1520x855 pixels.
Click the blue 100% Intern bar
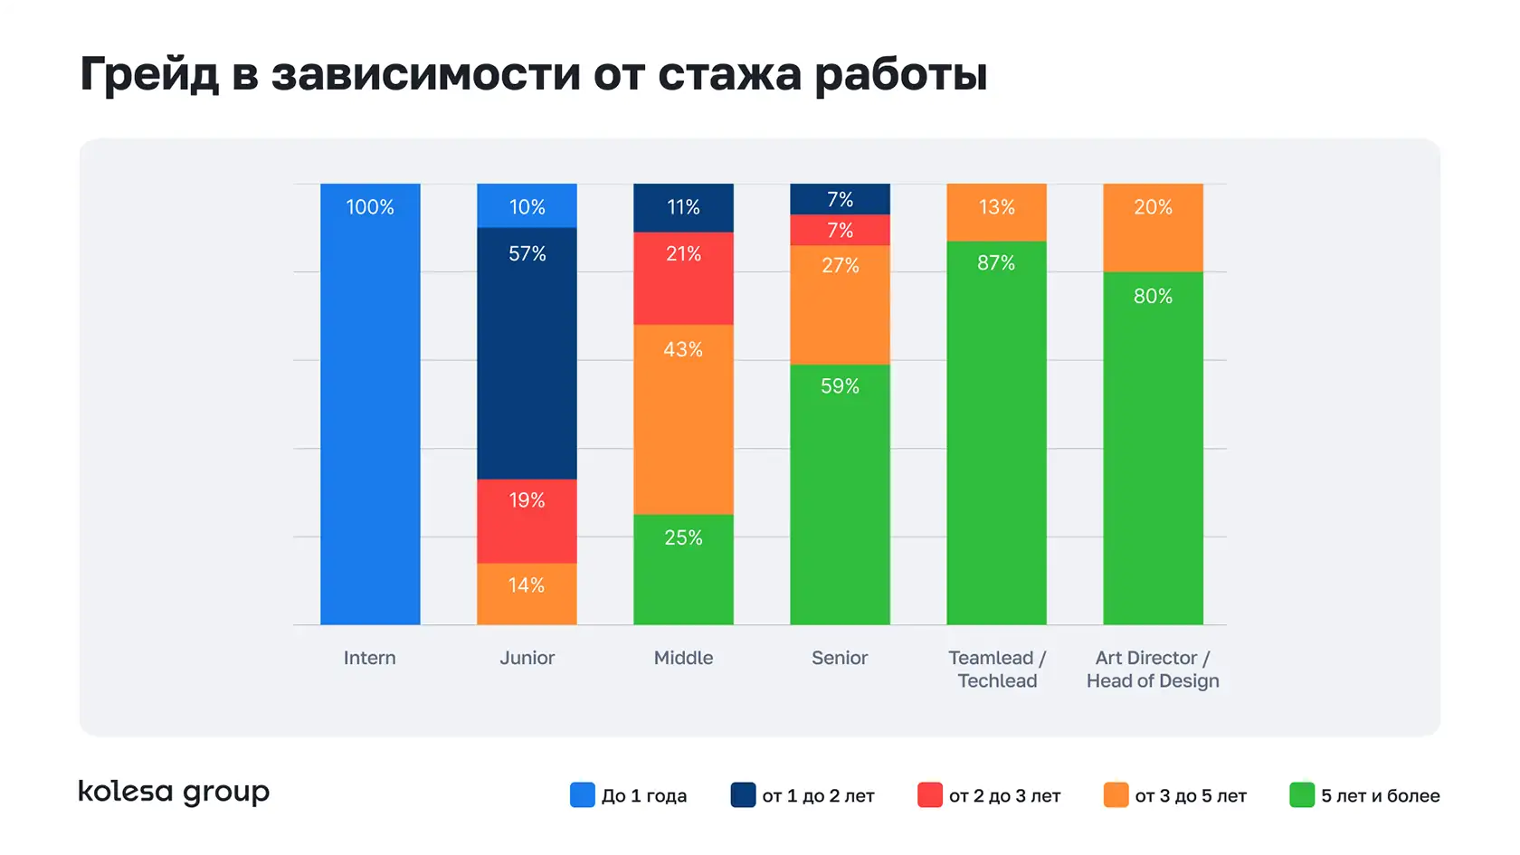coord(370,404)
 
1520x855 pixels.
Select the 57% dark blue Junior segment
coord(527,353)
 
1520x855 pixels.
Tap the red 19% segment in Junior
coord(527,521)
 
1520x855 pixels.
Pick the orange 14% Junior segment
coord(527,594)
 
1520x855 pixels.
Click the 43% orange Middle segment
coord(683,419)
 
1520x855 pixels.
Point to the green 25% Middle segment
coord(683,569)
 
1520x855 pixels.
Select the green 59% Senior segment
coord(840,494)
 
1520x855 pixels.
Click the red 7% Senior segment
coord(840,230)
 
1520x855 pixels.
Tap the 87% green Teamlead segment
coord(996,432)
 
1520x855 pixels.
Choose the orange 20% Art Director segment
coord(1153,227)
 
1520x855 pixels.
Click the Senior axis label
coord(840,658)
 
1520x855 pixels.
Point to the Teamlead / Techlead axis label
coord(997,670)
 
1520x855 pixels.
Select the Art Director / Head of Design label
coord(1153,670)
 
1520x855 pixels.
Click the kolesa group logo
coord(174,793)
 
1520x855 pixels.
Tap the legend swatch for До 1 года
coord(583,795)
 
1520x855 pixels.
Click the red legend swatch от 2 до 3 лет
coord(929,795)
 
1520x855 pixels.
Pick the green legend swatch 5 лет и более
coord(1302,795)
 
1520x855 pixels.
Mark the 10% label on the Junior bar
coord(527,207)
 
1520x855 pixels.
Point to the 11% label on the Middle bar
coord(683,207)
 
